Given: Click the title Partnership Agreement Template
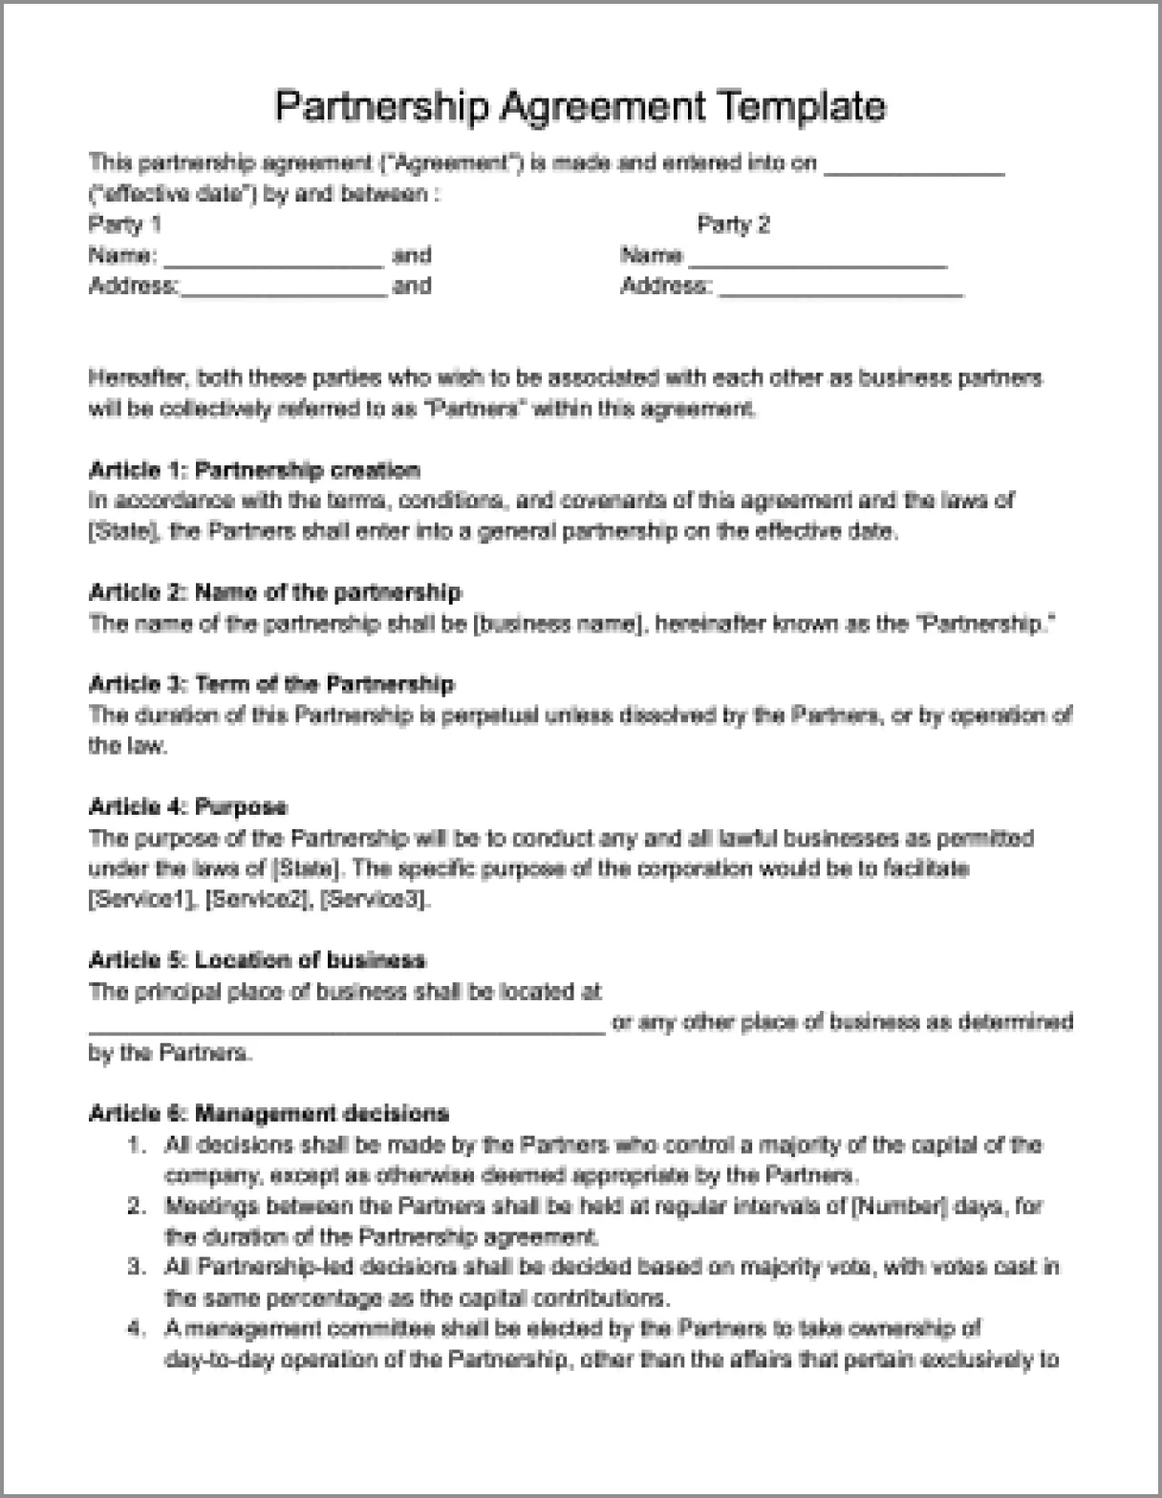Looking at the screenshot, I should pyautogui.click(x=580, y=106).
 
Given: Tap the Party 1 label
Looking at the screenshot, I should pyautogui.click(x=124, y=225).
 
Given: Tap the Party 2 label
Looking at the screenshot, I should pyautogui.click(x=733, y=225).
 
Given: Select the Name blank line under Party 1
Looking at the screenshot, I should pyautogui.click(x=274, y=262).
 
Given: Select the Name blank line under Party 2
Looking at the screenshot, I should pyautogui.click(x=818, y=262).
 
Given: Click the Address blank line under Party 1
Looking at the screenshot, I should pyautogui.click(x=284, y=292).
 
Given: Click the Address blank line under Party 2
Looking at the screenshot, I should pyautogui.click(x=841, y=292).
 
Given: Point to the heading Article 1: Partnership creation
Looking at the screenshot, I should pyautogui.click(x=254, y=470).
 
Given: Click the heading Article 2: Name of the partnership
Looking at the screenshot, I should pyautogui.click(x=275, y=592).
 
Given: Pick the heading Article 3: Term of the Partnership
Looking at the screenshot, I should pyautogui.click(x=271, y=684).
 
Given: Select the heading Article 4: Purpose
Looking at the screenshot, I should pyautogui.click(x=187, y=807).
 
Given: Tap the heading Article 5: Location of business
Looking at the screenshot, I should pyautogui.click(x=257, y=960).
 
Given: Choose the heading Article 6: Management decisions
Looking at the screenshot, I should pyautogui.click(x=269, y=1113).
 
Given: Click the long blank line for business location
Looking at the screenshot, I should pyautogui.click(x=346, y=1029).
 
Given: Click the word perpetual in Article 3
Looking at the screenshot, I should pyautogui.click(x=491, y=715).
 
